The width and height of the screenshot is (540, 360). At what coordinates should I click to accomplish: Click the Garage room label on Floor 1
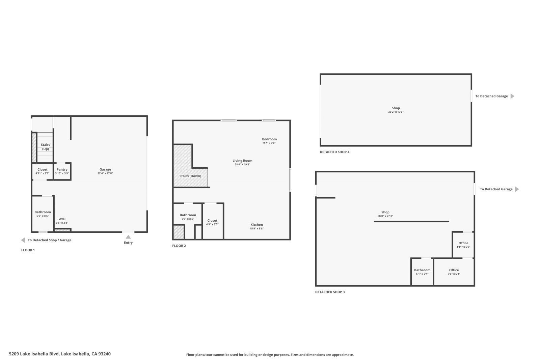(x=105, y=169)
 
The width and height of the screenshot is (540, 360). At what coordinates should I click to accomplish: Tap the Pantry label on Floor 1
(x=62, y=169)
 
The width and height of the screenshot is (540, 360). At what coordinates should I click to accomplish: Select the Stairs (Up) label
(x=46, y=147)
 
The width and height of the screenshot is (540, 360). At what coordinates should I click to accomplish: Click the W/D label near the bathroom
(x=62, y=219)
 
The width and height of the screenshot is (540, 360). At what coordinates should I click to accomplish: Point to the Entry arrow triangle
(x=128, y=237)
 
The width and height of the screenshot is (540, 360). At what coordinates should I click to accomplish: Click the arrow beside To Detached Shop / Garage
(x=23, y=240)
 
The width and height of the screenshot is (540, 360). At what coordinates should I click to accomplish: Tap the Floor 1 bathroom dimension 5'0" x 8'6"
(x=43, y=216)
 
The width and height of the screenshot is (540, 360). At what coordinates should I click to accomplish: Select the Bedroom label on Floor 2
(x=269, y=139)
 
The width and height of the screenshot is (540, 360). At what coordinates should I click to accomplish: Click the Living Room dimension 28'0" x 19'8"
(x=242, y=165)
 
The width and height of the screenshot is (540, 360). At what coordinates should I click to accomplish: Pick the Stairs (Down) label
(x=190, y=176)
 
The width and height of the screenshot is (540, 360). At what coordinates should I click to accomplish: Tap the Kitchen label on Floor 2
(x=256, y=225)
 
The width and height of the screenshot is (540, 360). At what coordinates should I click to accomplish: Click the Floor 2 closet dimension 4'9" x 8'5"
(x=212, y=224)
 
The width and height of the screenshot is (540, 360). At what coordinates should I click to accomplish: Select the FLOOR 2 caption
(x=179, y=246)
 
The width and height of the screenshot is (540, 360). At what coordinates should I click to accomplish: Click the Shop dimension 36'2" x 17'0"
(x=396, y=112)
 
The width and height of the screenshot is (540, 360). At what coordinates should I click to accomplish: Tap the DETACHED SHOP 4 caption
(x=334, y=152)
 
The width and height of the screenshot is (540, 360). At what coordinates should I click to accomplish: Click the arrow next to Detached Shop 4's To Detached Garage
(x=512, y=96)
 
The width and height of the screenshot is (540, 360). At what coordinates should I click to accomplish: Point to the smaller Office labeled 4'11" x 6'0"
(x=463, y=243)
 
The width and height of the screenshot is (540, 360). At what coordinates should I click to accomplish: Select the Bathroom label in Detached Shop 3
(x=422, y=270)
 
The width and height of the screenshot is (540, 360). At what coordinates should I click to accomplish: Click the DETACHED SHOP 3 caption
(x=330, y=292)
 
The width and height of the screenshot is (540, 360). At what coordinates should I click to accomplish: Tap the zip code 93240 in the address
(x=105, y=354)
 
